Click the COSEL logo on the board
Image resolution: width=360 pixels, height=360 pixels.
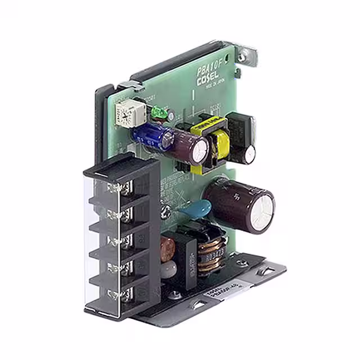[x=210, y=80]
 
